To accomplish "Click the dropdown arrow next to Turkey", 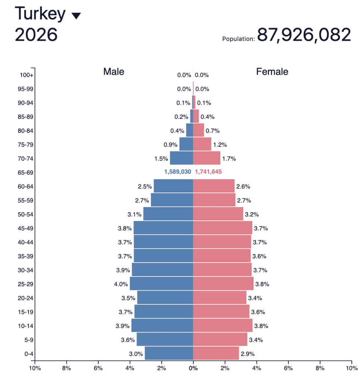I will coord(76,16).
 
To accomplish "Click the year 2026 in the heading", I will coord(36,35).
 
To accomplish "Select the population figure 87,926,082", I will coord(304,35).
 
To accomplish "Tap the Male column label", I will coord(114,72).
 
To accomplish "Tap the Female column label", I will coord(272,72).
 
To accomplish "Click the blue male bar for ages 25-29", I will coord(161,284).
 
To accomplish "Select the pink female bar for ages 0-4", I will coord(216,354).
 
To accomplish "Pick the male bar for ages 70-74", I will coord(181,158).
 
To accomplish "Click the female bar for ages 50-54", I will coord(218,214).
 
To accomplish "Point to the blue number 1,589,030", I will coord(178,172).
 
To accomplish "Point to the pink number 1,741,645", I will coord(208,172).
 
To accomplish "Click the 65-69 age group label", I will coord(26,172).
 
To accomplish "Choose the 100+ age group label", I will coord(27,75).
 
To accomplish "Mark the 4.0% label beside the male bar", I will coord(121,284).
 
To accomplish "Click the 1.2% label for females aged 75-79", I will coord(220,145).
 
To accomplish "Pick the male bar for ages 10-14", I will coord(162,326).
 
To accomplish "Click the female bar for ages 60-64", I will coord(214,186).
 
